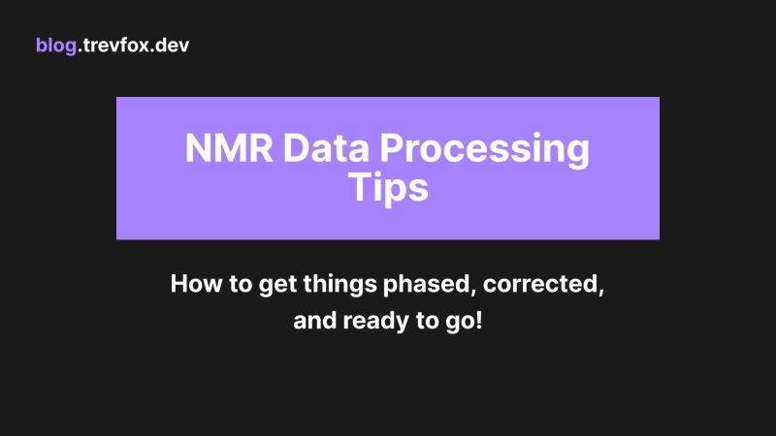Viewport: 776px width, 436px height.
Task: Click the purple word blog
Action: [54, 46]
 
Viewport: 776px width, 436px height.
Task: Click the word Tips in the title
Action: [387, 187]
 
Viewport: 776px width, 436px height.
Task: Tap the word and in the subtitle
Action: [313, 322]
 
